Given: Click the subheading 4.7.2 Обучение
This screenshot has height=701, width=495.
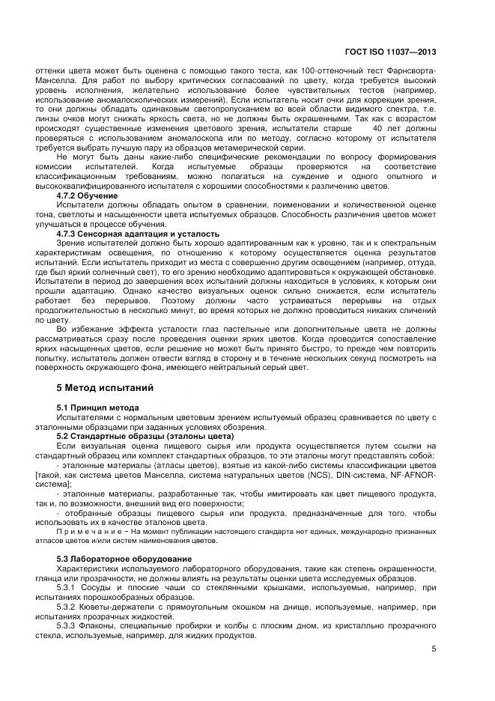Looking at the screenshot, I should [88, 195].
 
